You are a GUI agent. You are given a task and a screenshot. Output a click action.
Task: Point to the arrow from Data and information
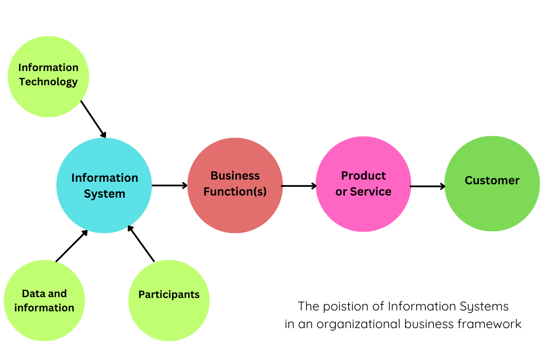[x=71, y=246]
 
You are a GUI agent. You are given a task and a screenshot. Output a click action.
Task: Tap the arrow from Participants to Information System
[x=141, y=244]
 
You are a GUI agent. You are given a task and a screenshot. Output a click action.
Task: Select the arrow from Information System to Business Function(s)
[x=169, y=186]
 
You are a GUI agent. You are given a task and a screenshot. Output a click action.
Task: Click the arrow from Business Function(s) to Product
[x=299, y=186]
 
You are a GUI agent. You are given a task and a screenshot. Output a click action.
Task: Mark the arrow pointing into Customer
[x=427, y=186]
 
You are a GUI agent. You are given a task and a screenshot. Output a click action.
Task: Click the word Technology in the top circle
[x=48, y=82]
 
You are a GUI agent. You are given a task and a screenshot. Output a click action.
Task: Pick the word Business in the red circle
[x=235, y=176]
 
